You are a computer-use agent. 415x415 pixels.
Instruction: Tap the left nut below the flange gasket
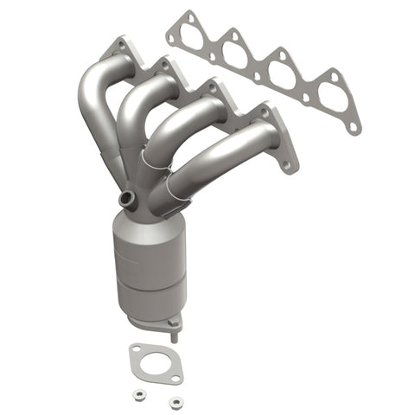[139, 397]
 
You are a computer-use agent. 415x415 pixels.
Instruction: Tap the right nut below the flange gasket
[176, 402]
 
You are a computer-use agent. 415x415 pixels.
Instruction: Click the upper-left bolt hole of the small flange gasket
[135, 349]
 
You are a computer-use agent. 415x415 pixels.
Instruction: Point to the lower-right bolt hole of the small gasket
[176, 378]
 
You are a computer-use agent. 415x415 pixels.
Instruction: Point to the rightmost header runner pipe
[225, 156]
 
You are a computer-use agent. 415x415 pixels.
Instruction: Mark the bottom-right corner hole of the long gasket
[352, 126]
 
